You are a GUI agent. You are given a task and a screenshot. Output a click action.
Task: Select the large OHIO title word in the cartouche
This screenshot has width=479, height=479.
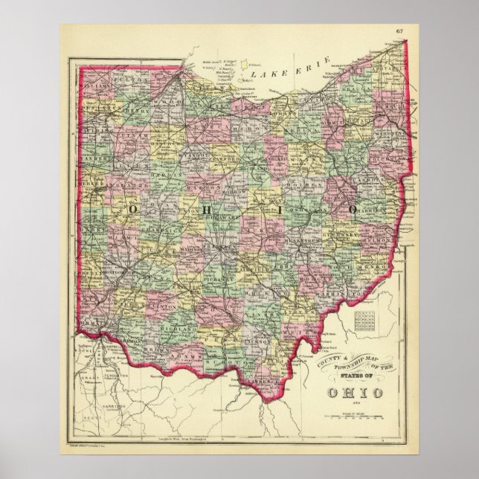347,391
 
